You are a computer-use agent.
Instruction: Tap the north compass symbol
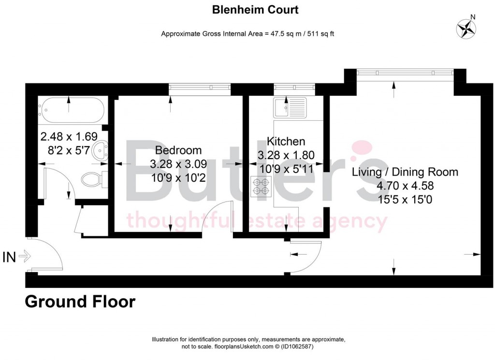(466, 29)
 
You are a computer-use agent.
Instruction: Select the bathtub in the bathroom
(72, 111)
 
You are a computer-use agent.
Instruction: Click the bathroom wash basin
(100, 151)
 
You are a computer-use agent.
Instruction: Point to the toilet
(92, 179)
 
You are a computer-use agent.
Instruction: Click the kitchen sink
(290, 107)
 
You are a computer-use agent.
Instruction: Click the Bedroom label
(178, 150)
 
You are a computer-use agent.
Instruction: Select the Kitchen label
(286, 142)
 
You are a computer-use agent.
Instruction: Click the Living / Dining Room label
(405, 172)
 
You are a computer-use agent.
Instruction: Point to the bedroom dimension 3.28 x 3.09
(178, 164)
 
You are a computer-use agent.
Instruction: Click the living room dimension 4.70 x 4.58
(405, 186)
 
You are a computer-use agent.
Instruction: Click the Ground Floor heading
(80, 302)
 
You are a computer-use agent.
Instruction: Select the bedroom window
(200, 87)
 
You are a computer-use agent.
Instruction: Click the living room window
(405, 72)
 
